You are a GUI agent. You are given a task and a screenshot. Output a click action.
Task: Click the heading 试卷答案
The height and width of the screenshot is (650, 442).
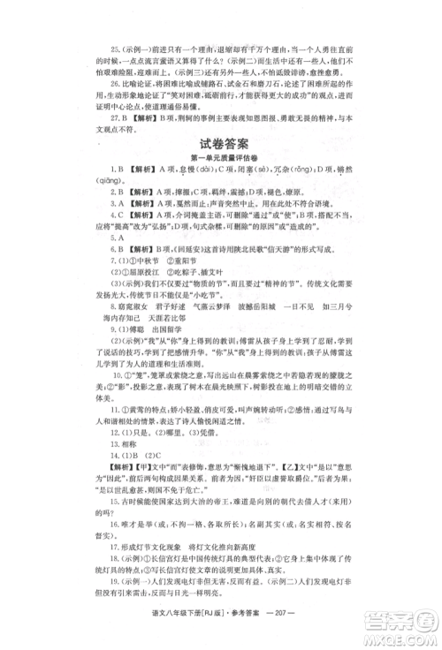(221, 144)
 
